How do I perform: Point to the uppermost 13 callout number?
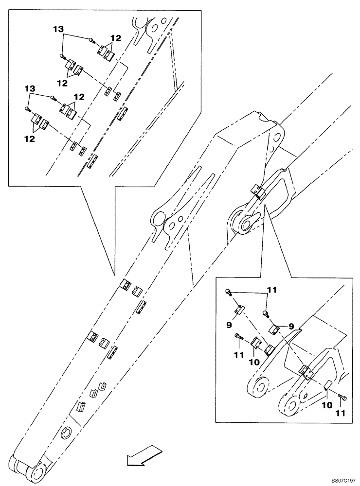(58, 30)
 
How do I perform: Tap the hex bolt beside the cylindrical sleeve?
(343, 398)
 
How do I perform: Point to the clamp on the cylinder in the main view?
(257, 191)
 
